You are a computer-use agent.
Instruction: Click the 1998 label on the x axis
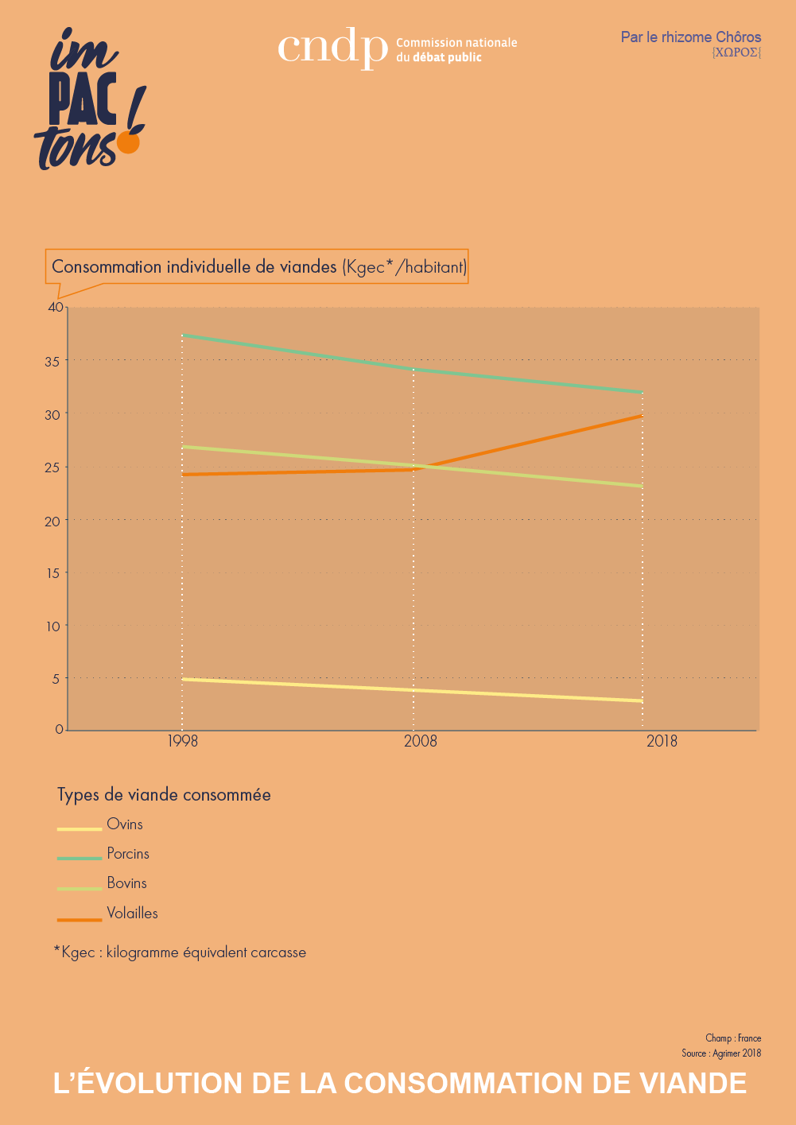(182, 742)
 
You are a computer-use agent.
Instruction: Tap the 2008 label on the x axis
(421, 742)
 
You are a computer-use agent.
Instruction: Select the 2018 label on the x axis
(662, 742)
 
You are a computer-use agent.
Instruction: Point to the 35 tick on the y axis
(52, 362)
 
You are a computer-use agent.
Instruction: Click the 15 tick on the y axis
(52, 573)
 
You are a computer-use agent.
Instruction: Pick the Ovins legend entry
(125, 824)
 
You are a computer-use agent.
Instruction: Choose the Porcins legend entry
(128, 854)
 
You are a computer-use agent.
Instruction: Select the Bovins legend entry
(126, 883)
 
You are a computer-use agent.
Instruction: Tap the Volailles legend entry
(132, 914)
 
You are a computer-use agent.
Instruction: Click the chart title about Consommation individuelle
(258, 267)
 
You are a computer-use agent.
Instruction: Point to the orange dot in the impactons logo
(128, 142)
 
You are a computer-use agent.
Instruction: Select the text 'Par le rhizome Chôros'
(690, 37)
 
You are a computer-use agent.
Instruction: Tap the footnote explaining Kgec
(180, 952)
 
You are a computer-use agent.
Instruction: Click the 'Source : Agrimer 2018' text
(720, 1053)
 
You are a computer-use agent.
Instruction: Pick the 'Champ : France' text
(732, 1038)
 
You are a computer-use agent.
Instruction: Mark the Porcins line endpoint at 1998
(183, 336)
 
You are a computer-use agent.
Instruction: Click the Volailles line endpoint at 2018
(642, 416)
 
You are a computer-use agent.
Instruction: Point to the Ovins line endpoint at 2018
(642, 701)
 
